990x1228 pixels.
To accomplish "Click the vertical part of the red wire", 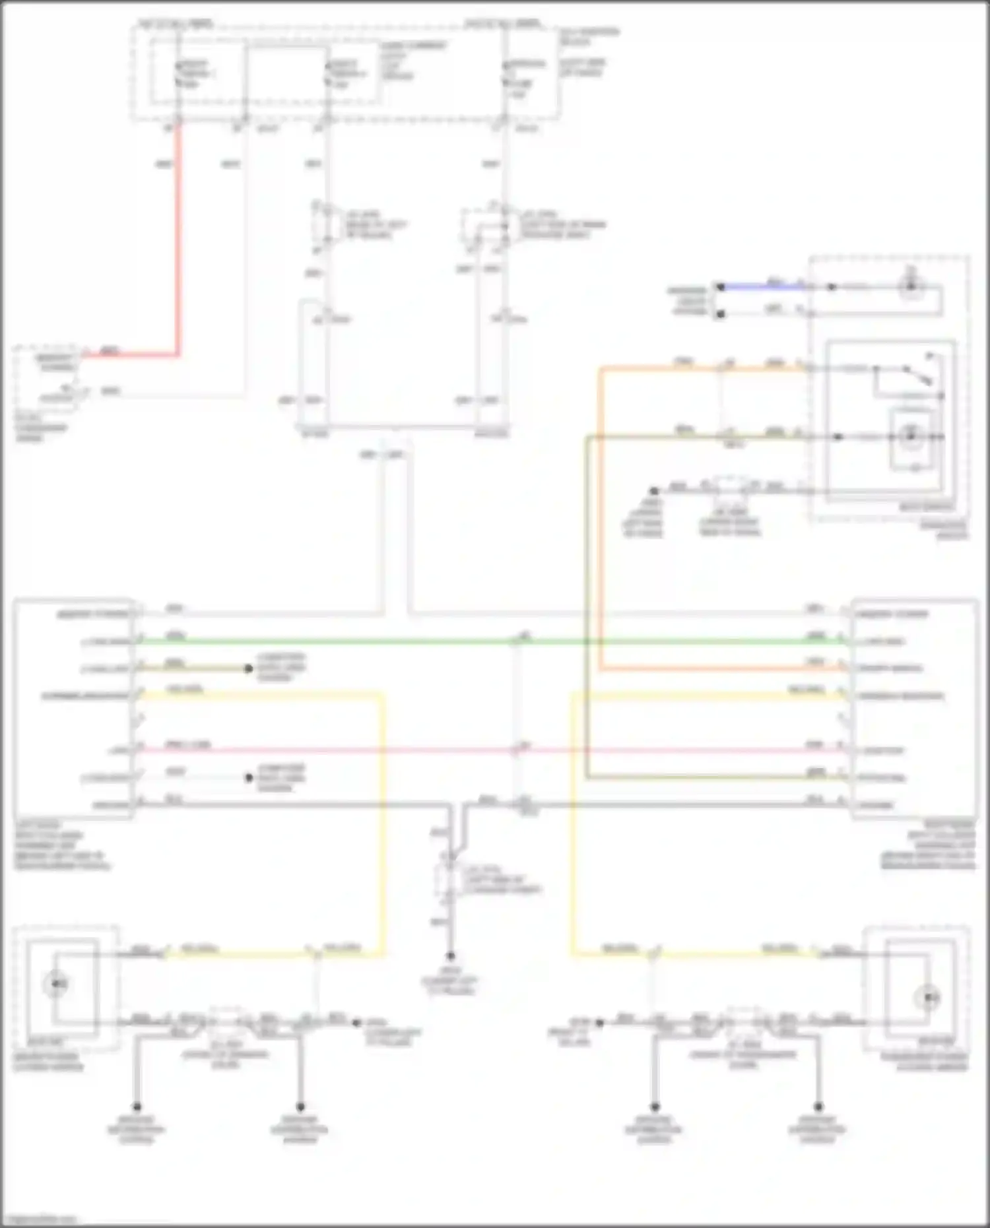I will pyautogui.click(x=178, y=238).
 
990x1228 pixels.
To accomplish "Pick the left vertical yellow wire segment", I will pyautogui.click(x=382, y=825).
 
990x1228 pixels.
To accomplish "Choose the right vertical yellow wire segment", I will pyautogui.click(x=572, y=825).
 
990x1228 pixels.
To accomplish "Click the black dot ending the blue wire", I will pyautogui.click(x=721, y=287).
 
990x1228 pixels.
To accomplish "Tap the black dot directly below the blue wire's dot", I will pyautogui.click(x=721, y=314).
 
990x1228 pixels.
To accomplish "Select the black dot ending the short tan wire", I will pyautogui.click(x=249, y=668).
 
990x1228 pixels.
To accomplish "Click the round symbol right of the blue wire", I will pyautogui.click(x=911, y=286).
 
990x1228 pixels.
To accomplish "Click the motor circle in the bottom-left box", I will pyautogui.click(x=56, y=985).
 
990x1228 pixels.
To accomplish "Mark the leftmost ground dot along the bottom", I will pyautogui.click(x=137, y=1107).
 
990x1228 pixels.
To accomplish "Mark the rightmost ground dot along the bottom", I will pyautogui.click(x=818, y=1107).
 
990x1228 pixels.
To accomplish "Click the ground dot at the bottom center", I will pyautogui.click(x=450, y=956).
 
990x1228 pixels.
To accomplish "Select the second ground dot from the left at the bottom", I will pyautogui.click(x=300, y=1107).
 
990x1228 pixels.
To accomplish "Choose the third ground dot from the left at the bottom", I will pyautogui.click(x=654, y=1107).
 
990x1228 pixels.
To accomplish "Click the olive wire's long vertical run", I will pyautogui.click(x=587, y=594).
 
